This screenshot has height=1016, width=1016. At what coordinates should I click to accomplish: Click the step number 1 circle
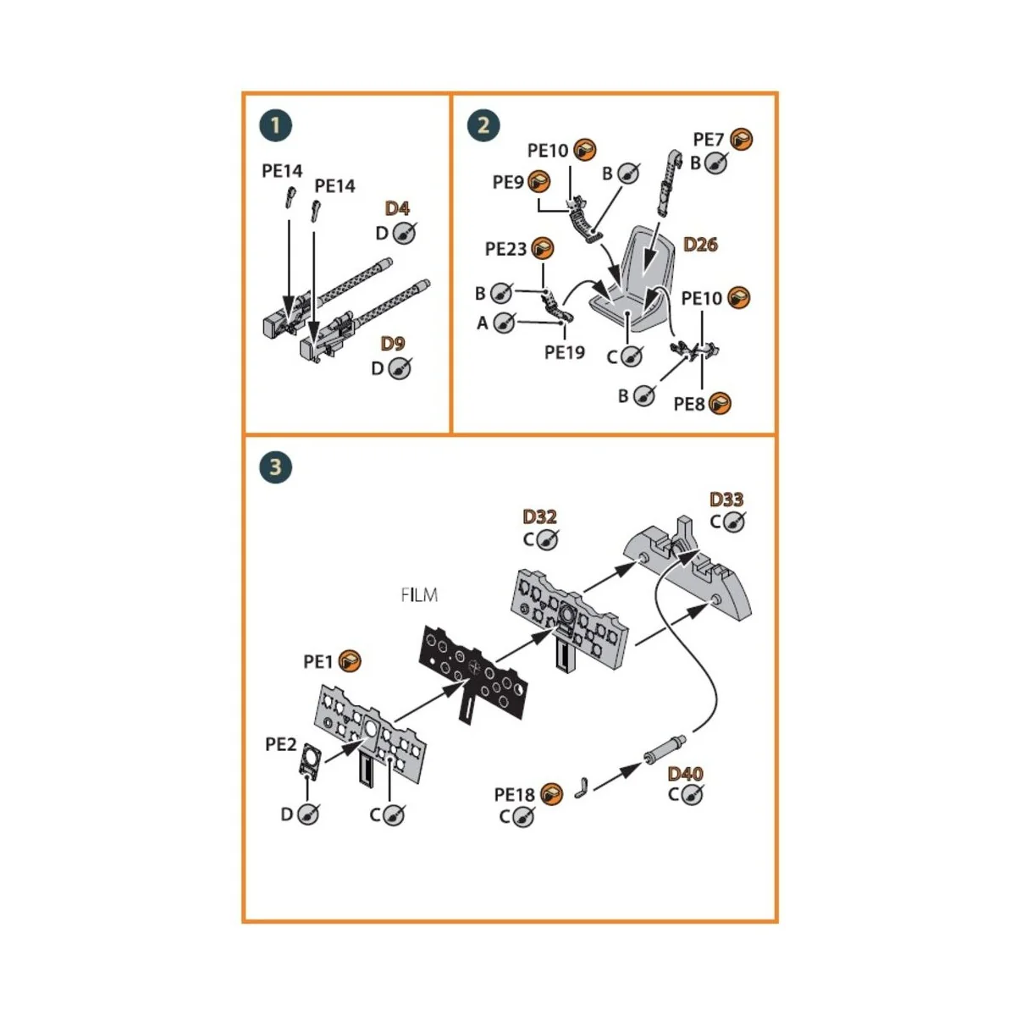275,126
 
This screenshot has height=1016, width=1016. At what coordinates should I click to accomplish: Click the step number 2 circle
483,126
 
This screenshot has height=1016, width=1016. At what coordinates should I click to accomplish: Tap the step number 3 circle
275,467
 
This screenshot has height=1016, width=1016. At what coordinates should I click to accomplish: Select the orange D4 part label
397,208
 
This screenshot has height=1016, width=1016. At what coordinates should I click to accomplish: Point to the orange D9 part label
393,344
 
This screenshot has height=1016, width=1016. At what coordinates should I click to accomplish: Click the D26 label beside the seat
700,245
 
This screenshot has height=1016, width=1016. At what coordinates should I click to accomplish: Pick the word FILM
419,595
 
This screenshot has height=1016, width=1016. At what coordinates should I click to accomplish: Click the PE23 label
505,249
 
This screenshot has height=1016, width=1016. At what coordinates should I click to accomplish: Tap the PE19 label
565,352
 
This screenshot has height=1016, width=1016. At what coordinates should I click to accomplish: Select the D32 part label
539,516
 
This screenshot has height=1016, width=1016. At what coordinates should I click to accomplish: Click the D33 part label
726,500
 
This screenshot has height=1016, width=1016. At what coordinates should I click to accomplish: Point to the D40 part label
685,774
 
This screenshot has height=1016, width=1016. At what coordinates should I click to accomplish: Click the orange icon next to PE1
350,661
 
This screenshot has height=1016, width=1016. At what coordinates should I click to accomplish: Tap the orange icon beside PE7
742,139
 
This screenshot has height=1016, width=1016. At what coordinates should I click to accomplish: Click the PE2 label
281,744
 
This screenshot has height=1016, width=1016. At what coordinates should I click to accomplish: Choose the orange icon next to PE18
551,794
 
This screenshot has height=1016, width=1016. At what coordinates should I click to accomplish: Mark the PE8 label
689,404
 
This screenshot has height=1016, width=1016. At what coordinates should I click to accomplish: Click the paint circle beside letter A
505,323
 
